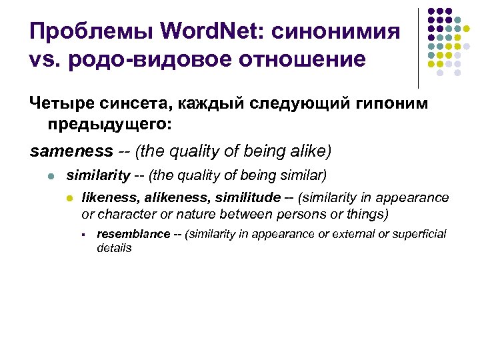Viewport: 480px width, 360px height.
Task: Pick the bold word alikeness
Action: pyautogui.click(x=171, y=198)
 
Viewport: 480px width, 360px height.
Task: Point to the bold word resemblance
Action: pyautogui.click(x=133, y=234)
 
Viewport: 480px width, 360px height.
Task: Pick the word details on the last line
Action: pyautogui.click(x=114, y=248)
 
